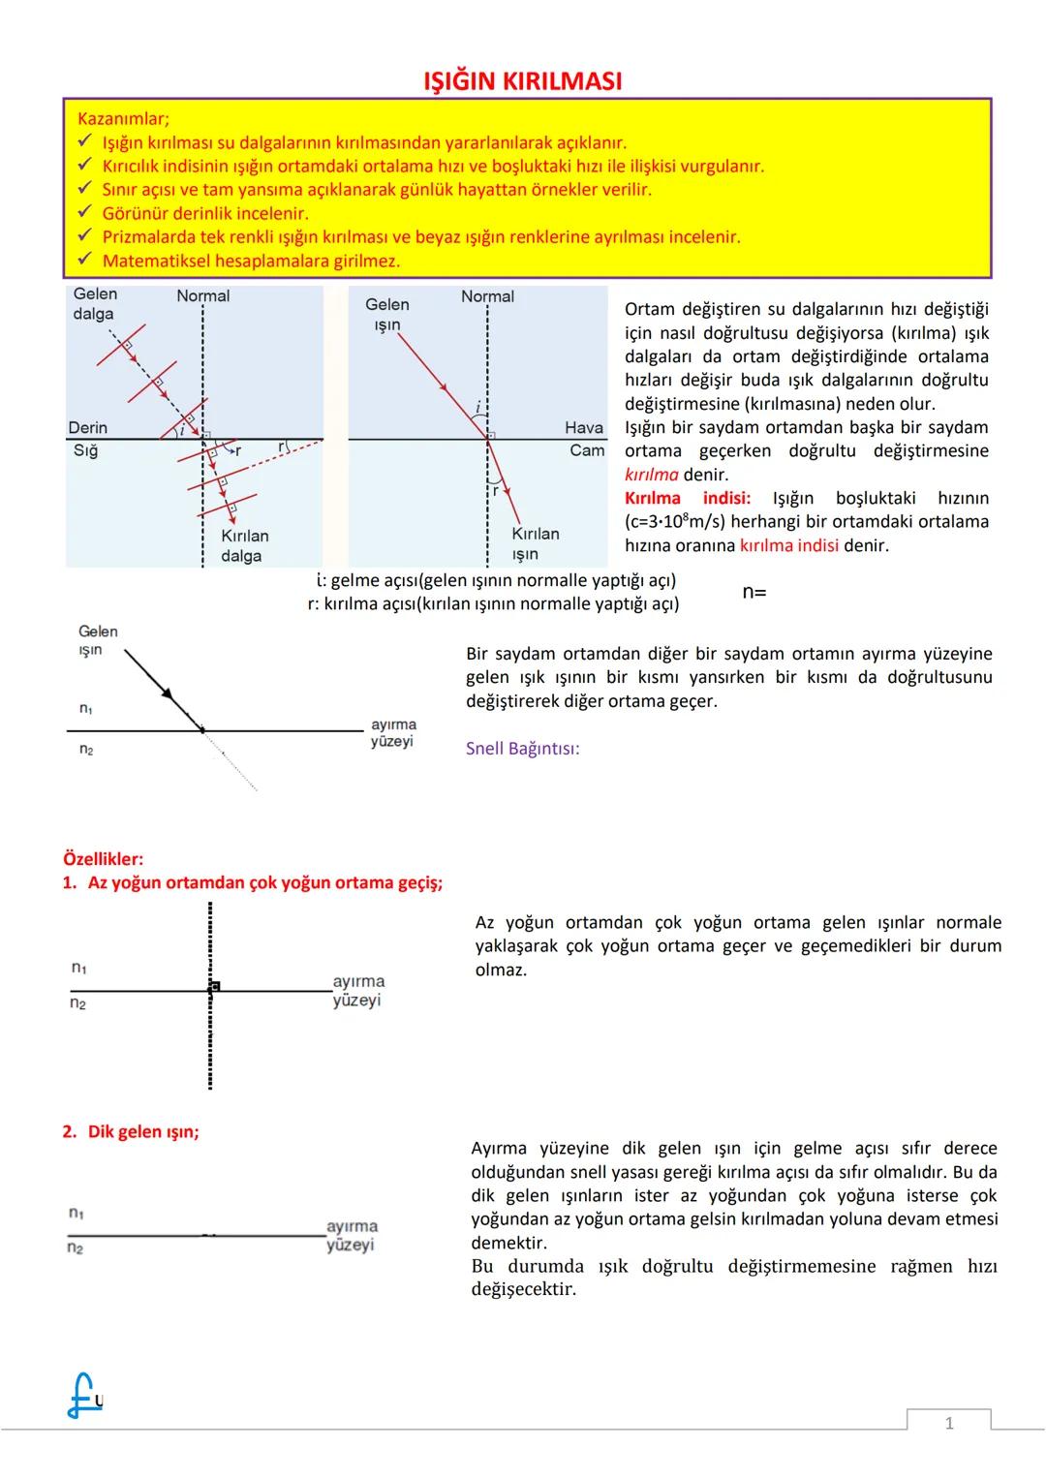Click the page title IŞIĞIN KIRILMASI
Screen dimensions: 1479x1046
523,81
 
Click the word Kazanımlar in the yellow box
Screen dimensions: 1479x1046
122,119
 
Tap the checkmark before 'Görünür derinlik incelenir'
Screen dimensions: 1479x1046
84,213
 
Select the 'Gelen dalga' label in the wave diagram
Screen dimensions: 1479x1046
94,303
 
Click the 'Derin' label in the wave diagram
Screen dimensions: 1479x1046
87,427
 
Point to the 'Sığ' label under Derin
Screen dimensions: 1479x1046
85,450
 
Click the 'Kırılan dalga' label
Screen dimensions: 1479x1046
244,545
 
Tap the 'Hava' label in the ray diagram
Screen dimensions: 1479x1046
583,427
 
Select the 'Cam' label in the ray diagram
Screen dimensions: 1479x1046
587,450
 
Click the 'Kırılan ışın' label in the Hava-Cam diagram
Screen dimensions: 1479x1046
535,543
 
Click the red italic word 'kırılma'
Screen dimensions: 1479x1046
651,475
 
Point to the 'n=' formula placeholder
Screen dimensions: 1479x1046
754,592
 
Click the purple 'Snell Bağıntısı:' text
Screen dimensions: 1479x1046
522,749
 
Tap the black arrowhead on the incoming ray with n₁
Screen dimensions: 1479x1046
167,693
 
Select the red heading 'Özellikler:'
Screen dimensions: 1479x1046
103,859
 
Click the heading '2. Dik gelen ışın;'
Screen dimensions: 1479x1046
131,1131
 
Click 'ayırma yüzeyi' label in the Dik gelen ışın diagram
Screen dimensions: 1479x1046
352,1235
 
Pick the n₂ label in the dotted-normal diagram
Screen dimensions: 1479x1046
77,1004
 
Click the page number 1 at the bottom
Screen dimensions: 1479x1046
948,1423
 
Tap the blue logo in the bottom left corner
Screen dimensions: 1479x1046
83,1397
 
